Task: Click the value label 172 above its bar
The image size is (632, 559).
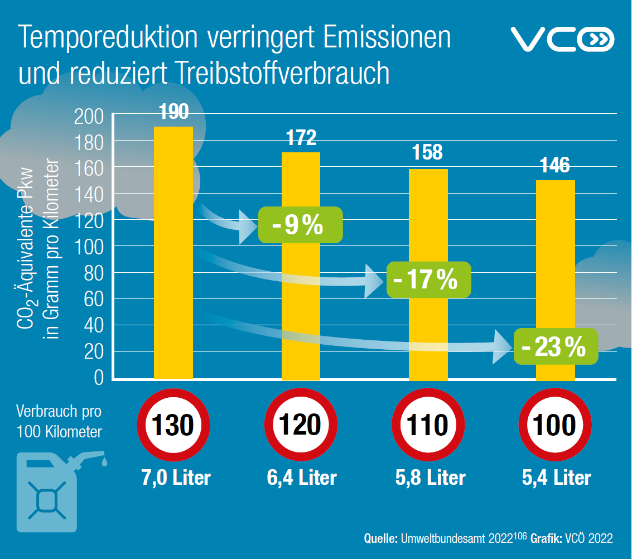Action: (301, 137)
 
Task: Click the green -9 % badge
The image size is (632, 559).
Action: (300, 225)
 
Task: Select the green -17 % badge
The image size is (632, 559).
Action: (428, 279)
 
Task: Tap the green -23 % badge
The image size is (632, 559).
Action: (556, 347)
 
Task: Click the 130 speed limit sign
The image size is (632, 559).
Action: (173, 426)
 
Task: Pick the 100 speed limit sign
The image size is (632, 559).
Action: (555, 426)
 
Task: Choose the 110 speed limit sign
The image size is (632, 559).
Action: (428, 426)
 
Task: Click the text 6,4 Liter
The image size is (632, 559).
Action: (301, 478)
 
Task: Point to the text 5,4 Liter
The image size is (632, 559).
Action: (556, 478)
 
